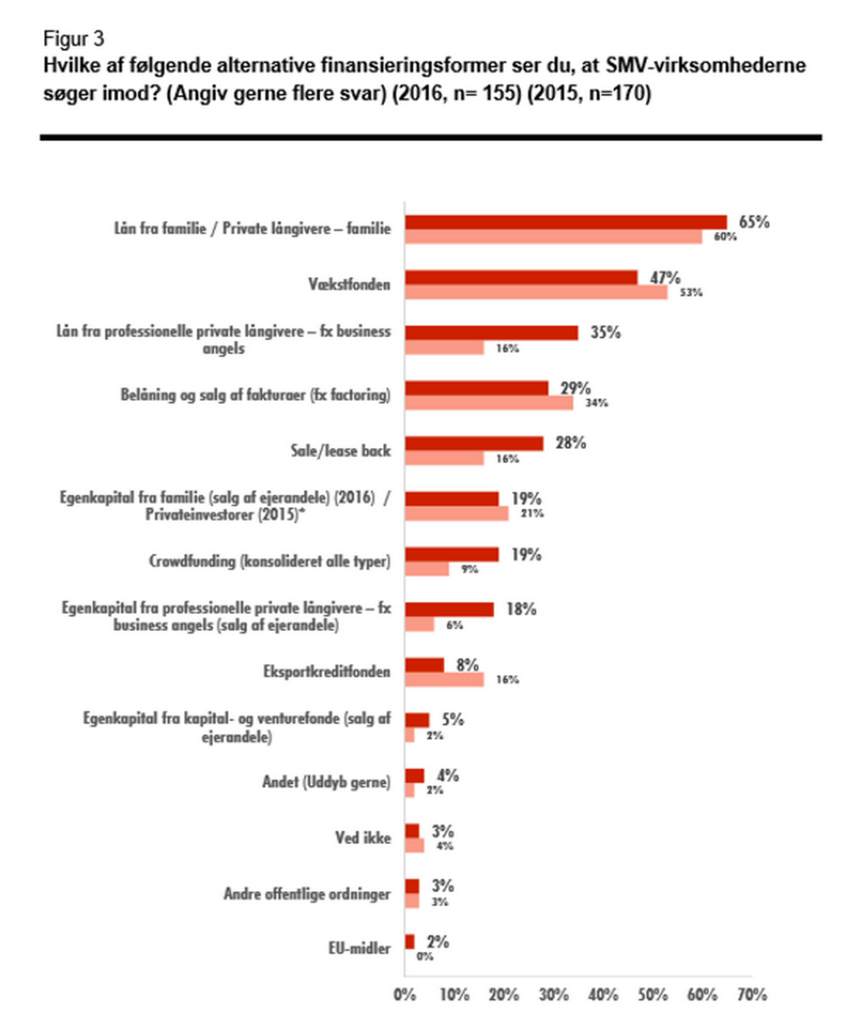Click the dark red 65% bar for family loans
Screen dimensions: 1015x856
click(566, 223)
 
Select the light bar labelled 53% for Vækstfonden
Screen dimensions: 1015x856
click(537, 291)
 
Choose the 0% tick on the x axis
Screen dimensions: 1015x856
click(406, 993)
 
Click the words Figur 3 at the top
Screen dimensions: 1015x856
click(72, 38)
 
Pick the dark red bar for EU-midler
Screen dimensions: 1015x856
click(410, 942)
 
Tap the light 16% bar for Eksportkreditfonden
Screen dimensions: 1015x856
click(445, 679)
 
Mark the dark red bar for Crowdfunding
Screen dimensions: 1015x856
click(452, 554)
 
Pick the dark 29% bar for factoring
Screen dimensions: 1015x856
click(477, 389)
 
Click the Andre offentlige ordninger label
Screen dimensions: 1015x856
click(307, 894)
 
